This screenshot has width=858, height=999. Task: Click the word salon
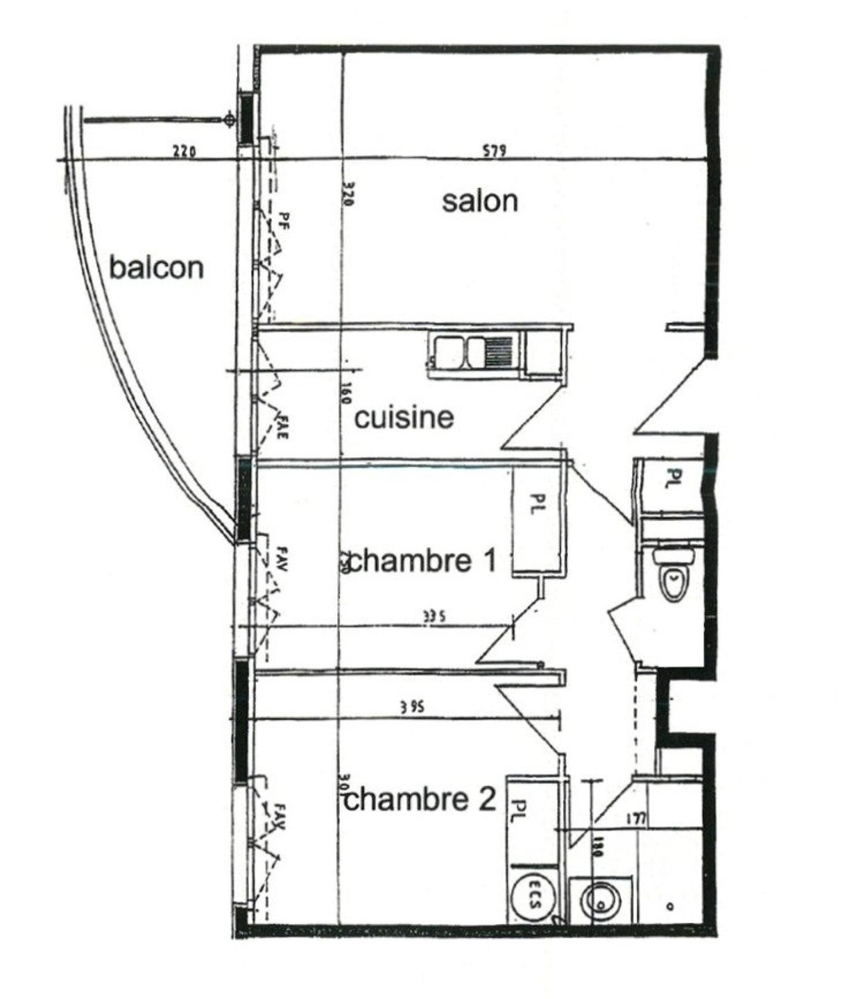pos(480,202)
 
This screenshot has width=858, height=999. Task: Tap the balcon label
pos(157,267)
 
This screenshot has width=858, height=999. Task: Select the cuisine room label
pos(404,418)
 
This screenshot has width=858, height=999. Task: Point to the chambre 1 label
pos(422,561)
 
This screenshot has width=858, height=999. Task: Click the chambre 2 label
pos(420,800)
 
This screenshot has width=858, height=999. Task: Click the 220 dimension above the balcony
pos(185,151)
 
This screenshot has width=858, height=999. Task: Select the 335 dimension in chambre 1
pos(431,615)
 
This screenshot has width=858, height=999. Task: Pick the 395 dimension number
pos(412,708)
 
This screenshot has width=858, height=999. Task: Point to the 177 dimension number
pos(635,819)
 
